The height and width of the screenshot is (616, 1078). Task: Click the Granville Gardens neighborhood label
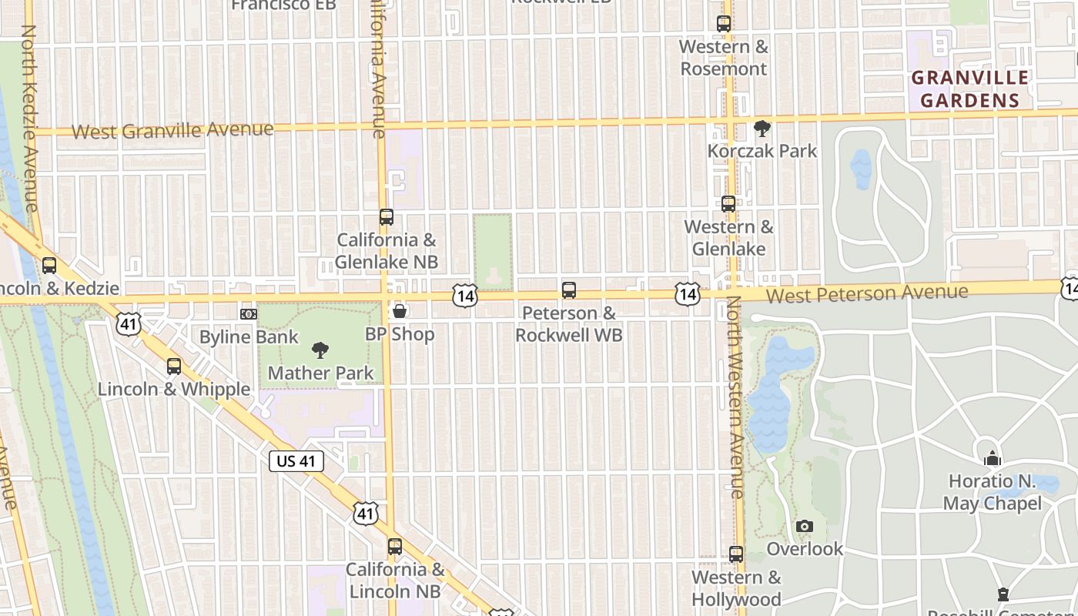(x=970, y=89)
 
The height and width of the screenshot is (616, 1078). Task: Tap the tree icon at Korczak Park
(x=762, y=128)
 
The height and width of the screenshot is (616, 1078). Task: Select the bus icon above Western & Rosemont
(x=723, y=24)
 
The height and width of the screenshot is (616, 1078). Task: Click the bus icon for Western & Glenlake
(x=728, y=204)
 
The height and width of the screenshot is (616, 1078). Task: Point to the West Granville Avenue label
(x=172, y=130)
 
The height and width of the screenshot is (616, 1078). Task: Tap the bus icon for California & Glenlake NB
(x=387, y=217)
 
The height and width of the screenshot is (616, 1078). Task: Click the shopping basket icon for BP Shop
(x=400, y=311)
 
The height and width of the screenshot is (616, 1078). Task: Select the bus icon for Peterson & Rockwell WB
(x=569, y=290)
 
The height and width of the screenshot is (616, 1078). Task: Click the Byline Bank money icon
(x=248, y=314)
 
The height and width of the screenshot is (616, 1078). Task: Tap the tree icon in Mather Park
(x=320, y=351)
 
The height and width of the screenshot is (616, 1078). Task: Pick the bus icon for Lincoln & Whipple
(x=174, y=367)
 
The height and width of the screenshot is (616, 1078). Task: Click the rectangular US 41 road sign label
(x=296, y=462)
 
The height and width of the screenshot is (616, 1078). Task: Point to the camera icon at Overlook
(x=805, y=527)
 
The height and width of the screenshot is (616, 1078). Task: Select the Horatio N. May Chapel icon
(x=993, y=459)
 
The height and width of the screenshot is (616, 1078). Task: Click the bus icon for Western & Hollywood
(x=736, y=554)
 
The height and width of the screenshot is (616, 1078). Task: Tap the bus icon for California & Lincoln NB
(x=395, y=547)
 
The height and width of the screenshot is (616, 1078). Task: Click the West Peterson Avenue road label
(x=867, y=293)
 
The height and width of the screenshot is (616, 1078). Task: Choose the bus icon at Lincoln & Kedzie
(x=49, y=266)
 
